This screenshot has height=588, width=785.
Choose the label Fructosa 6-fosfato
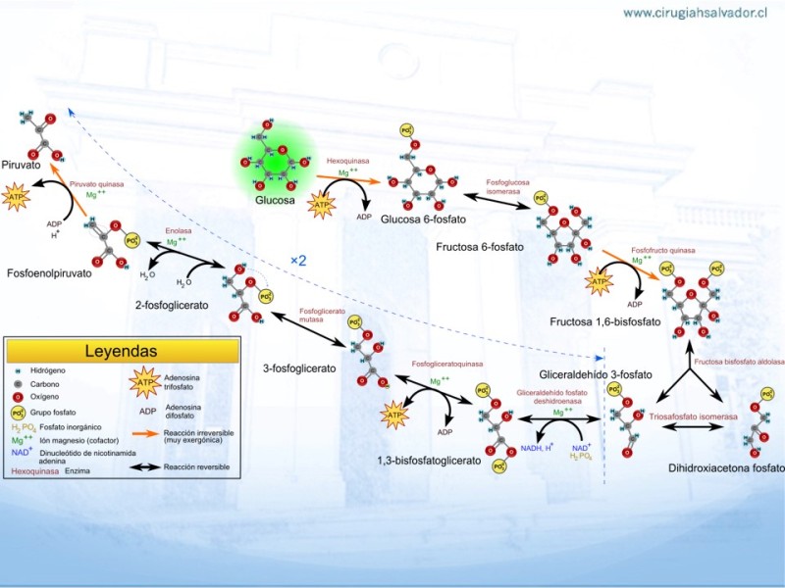[x=480, y=247]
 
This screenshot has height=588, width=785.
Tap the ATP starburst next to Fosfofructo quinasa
[x=598, y=282]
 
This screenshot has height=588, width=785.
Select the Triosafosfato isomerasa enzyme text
[x=692, y=416]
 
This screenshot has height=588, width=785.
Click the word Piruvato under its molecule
[x=22, y=166]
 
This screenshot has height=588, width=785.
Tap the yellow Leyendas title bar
[x=121, y=351]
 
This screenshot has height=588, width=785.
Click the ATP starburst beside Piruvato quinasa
[x=17, y=200]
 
